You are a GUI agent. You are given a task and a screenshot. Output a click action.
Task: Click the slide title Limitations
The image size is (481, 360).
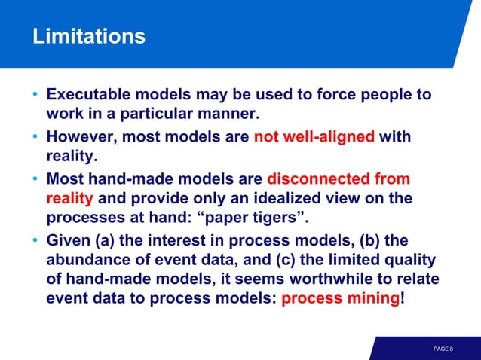coord(88,36)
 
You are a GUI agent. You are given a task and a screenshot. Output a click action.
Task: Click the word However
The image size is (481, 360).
coord(81,138)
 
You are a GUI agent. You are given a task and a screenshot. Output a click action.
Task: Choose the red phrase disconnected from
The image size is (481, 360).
coord(339,179)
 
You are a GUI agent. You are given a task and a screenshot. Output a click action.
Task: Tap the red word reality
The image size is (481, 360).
coord(69,199)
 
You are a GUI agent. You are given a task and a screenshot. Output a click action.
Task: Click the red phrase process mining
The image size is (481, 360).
coord(340,299)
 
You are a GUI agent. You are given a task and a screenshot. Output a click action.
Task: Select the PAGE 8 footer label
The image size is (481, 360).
coord(443,349)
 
